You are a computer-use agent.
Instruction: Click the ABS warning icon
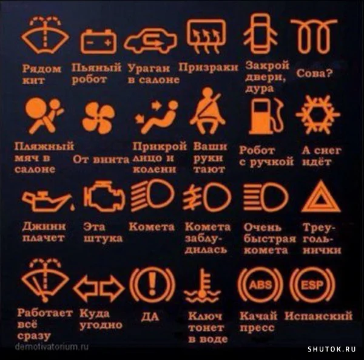(x=260, y=285)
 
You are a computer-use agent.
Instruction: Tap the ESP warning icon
(x=312, y=285)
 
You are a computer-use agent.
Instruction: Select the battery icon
(x=99, y=40)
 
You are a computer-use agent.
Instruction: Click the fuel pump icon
(x=265, y=115)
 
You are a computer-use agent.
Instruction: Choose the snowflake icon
(x=317, y=114)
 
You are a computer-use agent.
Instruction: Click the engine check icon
(x=104, y=198)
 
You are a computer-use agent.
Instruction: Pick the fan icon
(x=98, y=117)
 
